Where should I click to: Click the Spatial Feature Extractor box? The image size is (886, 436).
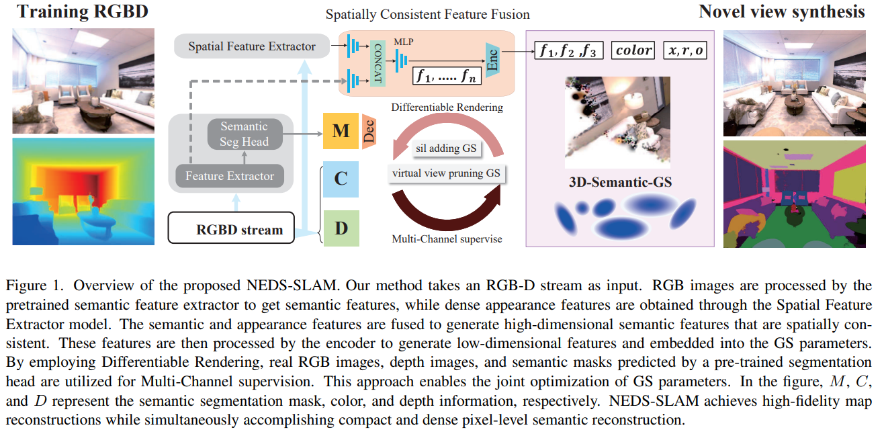point(252,46)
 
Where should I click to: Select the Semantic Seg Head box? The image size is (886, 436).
point(244,134)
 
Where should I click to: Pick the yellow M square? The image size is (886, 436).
point(341,131)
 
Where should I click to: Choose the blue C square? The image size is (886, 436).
point(341,179)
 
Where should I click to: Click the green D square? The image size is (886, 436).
point(341,228)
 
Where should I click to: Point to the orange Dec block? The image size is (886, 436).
point(368,130)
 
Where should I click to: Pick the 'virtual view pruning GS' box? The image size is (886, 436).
point(447,173)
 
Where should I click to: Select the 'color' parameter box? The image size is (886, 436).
point(633,50)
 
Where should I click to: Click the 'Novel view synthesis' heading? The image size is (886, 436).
point(781,11)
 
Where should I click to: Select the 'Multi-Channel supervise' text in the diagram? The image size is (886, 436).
point(446,238)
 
